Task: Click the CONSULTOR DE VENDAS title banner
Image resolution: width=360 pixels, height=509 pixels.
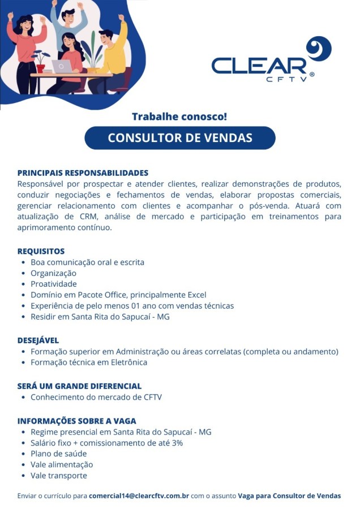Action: click(x=180, y=138)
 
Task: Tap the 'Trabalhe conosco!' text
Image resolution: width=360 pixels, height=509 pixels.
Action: click(x=179, y=117)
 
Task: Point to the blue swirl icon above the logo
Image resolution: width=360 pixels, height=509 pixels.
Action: click(x=318, y=48)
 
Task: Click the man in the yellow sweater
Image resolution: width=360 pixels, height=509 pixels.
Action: click(x=112, y=57)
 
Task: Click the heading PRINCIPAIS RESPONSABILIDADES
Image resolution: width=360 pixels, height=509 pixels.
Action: click(x=83, y=173)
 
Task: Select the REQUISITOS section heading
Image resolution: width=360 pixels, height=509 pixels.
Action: click(x=41, y=251)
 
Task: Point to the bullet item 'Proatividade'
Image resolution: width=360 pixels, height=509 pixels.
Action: click(x=54, y=284)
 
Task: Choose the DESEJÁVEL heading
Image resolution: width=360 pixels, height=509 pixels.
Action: click(x=38, y=340)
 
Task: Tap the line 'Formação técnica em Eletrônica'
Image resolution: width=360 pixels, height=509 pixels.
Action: click(x=89, y=362)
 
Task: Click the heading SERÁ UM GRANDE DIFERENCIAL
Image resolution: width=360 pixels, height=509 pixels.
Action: click(x=79, y=386)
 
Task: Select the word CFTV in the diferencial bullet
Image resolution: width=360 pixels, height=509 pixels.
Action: click(x=151, y=397)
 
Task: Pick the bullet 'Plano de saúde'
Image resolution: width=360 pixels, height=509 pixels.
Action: click(x=59, y=454)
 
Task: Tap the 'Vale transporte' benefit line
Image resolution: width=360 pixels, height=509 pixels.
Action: click(x=59, y=475)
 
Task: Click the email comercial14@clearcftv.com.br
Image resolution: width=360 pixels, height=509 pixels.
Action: click(x=139, y=496)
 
